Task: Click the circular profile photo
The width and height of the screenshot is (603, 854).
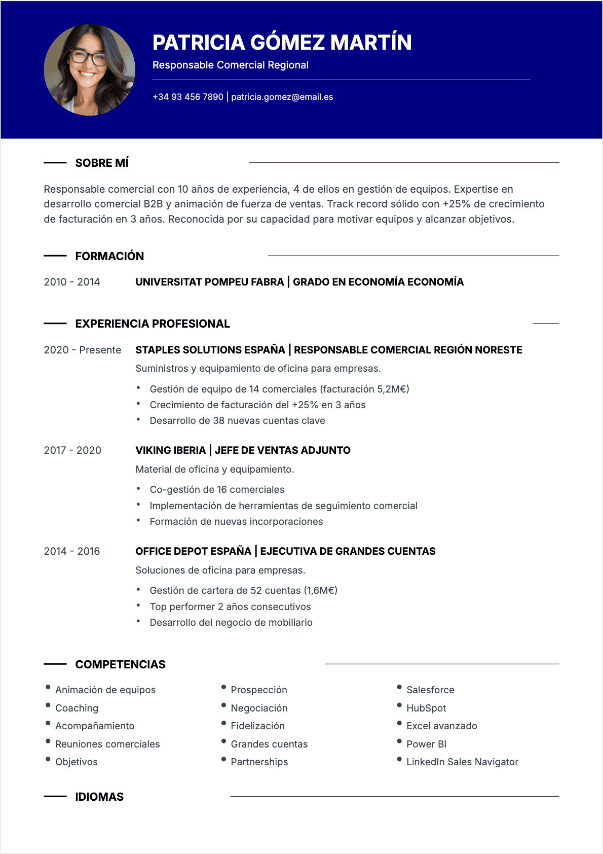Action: click(x=90, y=70)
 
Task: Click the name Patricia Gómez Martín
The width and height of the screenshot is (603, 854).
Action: click(x=282, y=43)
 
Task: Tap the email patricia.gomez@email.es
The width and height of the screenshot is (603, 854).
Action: click(x=282, y=97)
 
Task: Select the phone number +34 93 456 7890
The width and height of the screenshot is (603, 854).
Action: click(x=188, y=97)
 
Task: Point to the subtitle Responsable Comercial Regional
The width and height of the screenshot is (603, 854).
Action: click(x=231, y=65)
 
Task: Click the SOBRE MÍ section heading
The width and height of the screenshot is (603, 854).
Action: click(x=102, y=163)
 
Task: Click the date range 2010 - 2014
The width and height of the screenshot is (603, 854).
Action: click(x=72, y=282)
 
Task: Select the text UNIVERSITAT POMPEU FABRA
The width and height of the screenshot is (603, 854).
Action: click(x=209, y=282)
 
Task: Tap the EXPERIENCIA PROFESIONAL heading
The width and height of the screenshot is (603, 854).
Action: click(x=153, y=324)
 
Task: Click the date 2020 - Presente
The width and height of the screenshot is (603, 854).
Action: click(x=83, y=350)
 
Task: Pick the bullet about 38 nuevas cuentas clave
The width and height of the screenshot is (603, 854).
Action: click(x=237, y=420)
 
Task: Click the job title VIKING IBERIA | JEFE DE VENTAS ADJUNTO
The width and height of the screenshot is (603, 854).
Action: click(x=243, y=450)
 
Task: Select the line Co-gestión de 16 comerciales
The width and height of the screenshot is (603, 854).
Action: click(x=217, y=489)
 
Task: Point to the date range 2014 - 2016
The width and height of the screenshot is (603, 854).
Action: click(x=72, y=551)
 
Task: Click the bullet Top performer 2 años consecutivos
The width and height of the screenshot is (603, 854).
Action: click(x=230, y=607)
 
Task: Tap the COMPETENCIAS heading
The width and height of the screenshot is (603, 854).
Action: click(x=121, y=664)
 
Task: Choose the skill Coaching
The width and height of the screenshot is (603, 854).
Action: click(x=77, y=708)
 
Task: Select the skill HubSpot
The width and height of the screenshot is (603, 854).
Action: click(x=426, y=708)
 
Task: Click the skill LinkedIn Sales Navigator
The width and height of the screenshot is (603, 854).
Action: click(x=462, y=762)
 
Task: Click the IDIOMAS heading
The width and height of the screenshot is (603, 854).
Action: click(x=99, y=797)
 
